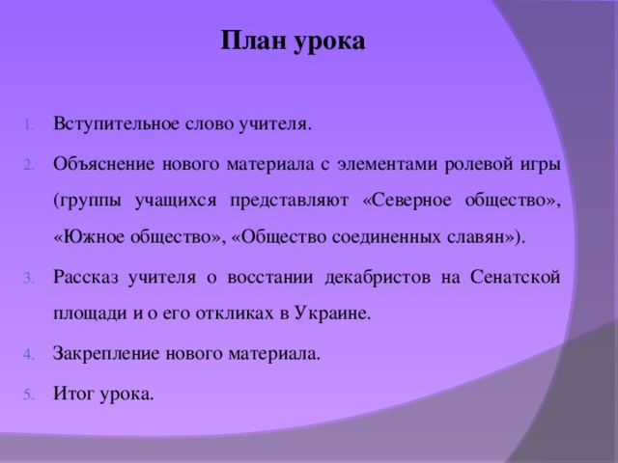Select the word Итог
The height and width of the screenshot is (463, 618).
click(x=74, y=395)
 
